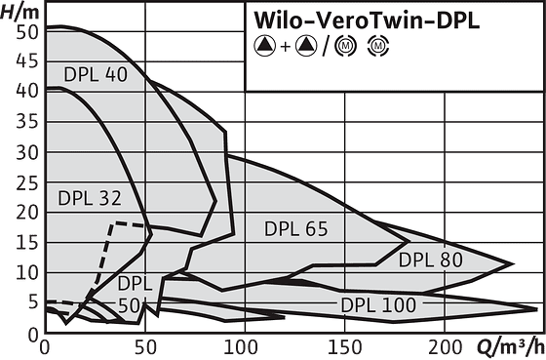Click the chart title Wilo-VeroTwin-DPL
pos(367,20)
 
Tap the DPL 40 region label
pos(96,74)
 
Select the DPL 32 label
pos(90,198)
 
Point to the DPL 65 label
pos(296,229)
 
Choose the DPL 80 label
pos(431,260)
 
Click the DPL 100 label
pos(378,305)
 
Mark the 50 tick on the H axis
pos(27,32)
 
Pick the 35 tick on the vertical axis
pos(27,122)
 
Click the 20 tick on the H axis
pos(27,213)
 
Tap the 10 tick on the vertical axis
pos(27,272)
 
